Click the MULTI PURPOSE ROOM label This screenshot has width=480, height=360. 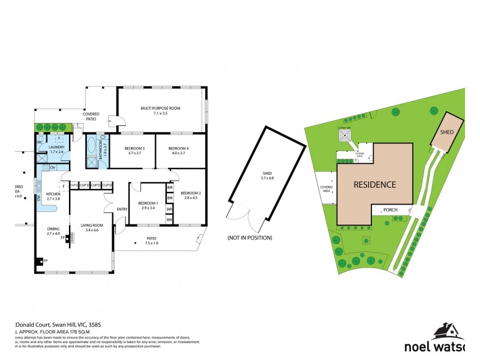[x=160, y=108]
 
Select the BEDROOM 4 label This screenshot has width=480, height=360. [x=178, y=148]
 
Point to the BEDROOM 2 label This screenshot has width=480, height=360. [x=191, y=193]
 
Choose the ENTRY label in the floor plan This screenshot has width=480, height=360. [x=122, y=209]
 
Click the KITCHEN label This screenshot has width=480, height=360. [x=54, y=194]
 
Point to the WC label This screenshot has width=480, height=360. [x=39, y=142]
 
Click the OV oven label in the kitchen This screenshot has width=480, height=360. [x=53, y=167]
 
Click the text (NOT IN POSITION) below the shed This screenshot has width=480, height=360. [x=249, y=238]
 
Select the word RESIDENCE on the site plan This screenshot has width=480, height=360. [x=374, y=184]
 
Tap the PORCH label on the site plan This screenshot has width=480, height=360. [x=391, y=210]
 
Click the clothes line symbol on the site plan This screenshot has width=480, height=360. [x=346, y=135]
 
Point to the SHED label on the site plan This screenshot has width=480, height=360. [x=446, y=132]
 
